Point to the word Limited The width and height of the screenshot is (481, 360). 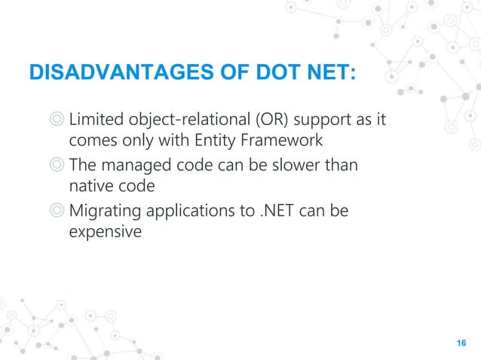point(94,121)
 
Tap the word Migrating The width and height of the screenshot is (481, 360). point(103,212)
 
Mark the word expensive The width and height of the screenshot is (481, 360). point(105,232)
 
